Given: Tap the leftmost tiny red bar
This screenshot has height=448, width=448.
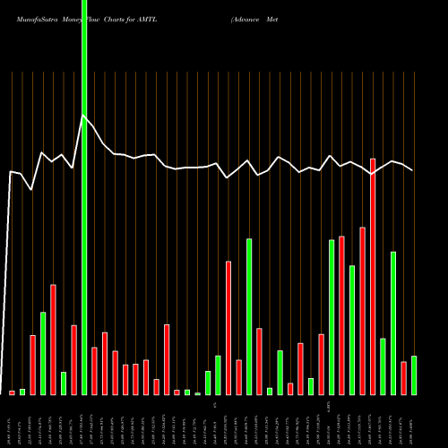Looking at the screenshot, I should tap(13, 392).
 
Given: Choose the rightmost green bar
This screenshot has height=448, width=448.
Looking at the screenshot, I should tap(414, 375).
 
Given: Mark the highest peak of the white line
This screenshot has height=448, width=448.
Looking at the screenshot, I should tap(83, 116).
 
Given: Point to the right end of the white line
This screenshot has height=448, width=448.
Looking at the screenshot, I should tap(413, 170).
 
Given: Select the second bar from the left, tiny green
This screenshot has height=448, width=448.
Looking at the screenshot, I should tap(22, 392).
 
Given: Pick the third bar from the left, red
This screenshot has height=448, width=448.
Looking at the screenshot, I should tap(33, 365).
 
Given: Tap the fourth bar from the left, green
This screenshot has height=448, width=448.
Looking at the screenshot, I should tap(43, 353).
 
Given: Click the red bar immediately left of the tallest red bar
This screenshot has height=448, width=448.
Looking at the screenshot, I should tap(363, 311).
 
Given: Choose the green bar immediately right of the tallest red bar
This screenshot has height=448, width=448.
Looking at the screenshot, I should tap(383, 366).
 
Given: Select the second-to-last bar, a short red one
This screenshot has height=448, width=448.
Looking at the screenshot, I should tap(404, 378).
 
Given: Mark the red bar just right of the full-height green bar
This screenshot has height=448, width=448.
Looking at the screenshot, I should tap(94, 371).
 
